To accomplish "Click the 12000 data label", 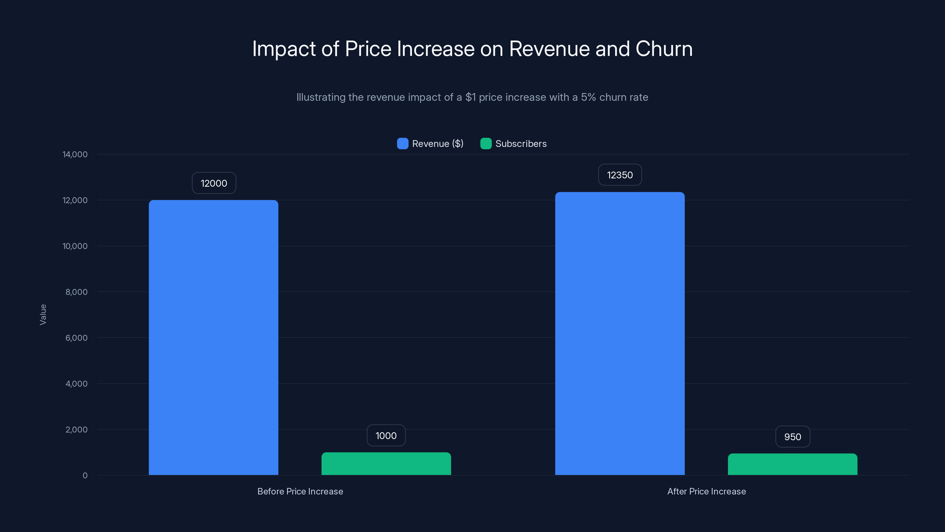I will (x=214, y=183).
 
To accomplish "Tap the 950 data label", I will (x=792, y=437).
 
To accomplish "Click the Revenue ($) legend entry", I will (x=430, y=144).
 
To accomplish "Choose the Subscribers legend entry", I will (x=514, y=144).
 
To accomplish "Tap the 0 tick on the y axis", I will (x=85, y=476).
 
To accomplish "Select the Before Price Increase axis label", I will (x=300, y=491).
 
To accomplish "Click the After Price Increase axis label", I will (x=706, y=491).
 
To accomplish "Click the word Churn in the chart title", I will (x=664, y=49).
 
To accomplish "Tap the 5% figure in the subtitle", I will (x=588, y=97).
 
